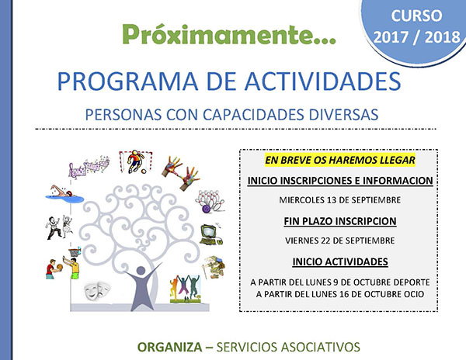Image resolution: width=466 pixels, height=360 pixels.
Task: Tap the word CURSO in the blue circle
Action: [x=416, y=16]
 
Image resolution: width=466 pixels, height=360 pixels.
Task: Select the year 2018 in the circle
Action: [x=442, y=37]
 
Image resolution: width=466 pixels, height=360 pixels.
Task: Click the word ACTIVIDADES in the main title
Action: [x=323, y=81]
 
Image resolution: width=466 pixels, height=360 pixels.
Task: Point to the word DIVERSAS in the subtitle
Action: [x=343, y=115]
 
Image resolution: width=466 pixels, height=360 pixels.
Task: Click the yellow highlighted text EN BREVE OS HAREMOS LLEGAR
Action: [x=340, y=161]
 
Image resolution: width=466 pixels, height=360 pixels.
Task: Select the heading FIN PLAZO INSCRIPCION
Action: [x=340, y=221]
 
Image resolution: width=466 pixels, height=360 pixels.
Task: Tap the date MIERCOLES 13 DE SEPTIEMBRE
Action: [x=340, y=200]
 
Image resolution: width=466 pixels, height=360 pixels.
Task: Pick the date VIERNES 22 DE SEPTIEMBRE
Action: [x=340, y=241]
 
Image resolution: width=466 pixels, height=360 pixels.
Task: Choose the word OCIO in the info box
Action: [x=414, y=294]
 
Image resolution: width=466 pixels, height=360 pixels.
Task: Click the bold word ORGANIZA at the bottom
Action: [x=169, y=347]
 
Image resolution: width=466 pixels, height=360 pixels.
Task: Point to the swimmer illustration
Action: [x=64, y=194]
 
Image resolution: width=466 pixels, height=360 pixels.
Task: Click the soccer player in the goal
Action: [x=135, y=161]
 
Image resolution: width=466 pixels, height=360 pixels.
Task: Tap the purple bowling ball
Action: [x=207, y=209]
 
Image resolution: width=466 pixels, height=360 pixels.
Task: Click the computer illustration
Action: [x=211, y=234]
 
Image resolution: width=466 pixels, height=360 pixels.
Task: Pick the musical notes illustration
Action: [x=89, y=167]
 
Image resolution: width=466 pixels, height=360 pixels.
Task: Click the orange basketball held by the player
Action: [x=60, y=267]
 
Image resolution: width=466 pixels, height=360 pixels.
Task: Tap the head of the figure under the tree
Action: [x=141, y=270]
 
